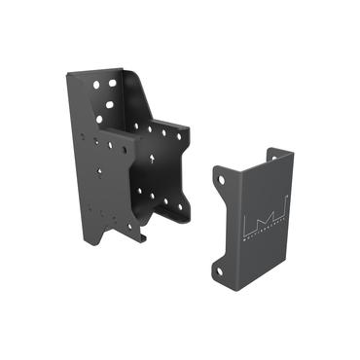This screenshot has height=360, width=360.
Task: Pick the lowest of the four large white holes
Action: click(99, 120)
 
